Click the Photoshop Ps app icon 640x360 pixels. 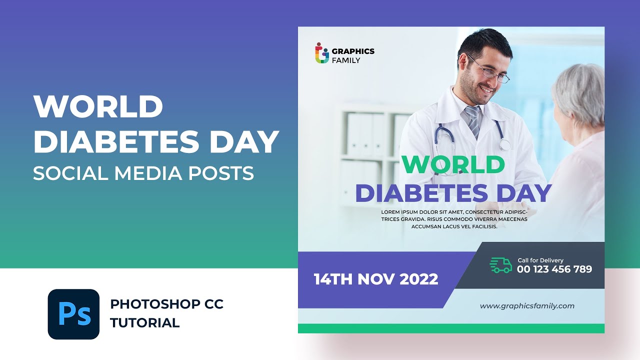[x=73, y=314]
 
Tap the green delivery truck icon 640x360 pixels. [x=500, y=265]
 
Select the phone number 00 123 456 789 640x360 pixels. [x=554, y=269]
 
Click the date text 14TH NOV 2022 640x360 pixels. [x=376, y=279]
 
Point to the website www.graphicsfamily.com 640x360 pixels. [x=527, y=306]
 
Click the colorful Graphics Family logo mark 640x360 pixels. [x=322, y=53]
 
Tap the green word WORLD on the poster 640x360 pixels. [x=453, y=164]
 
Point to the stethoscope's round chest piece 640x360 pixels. [x=505, y=145]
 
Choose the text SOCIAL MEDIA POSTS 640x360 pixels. [x=143, y=173]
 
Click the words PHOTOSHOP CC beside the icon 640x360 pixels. [x=167, y=304]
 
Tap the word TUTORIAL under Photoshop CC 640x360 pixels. [x=145, y=322]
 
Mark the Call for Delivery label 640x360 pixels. [x=540, y=260]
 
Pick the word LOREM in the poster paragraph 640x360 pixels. [x=390, y=212]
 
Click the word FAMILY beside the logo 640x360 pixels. [x=346, y=60]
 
